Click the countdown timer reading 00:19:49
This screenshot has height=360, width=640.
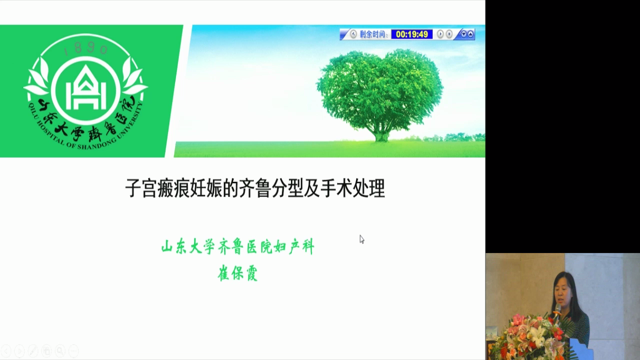click(x=411, y=34)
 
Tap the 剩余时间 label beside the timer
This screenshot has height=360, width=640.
click(x=373, y=34)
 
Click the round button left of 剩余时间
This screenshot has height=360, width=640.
click(x=353, y=34)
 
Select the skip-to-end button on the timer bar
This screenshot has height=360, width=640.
click(x=449, y=34)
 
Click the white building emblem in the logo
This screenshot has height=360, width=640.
click(x=86, y=87)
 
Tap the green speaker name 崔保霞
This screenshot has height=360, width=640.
click(x=237, y=273)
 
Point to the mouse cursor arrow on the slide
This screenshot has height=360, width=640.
click(x=361, y=239)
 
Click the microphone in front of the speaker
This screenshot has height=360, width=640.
click(x=557, y=311)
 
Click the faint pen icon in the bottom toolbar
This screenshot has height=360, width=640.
click(x=33, y=351)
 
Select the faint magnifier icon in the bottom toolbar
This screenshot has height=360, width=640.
click(x=60, y=351)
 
